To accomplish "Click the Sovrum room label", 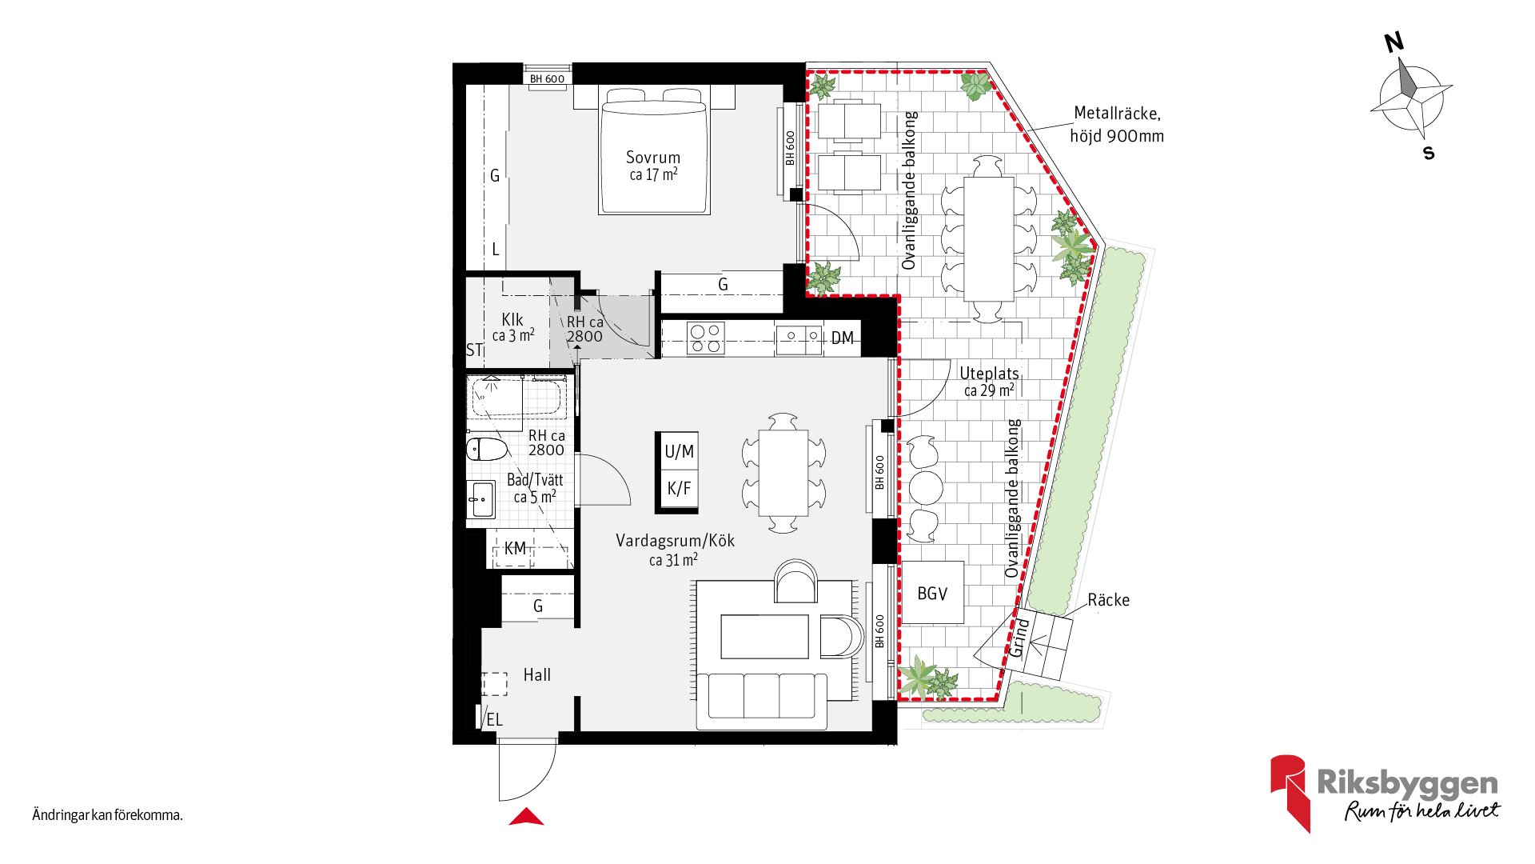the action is [x=653, y=158].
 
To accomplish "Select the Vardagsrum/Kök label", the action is [x=675, y=541].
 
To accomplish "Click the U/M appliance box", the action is [x=679, y=452].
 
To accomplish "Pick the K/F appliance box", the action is [x=679, y=488].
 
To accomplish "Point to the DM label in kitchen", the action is [x=842, y=338].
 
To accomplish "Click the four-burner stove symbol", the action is [x=706, y=338].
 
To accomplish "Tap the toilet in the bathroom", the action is [x=487, y=450].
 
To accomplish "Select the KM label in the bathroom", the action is [x=515, y=549].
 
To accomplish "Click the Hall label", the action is [x=536, y=675].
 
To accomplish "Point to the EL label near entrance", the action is [x=494, y=720].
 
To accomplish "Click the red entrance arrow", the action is [x=526, y=817].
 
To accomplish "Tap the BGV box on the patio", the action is [x=932, y=594].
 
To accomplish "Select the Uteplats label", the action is [x=989, y=374].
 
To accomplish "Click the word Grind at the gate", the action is [x=1019, y=638].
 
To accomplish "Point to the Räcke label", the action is [x=1108, y=600].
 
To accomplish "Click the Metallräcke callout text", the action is [x=1117, y=125].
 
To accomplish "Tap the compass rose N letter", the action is [x=1394, y=42].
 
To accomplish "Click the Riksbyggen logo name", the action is [x=1408, y=783].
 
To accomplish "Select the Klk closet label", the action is [x=512, y=320].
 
